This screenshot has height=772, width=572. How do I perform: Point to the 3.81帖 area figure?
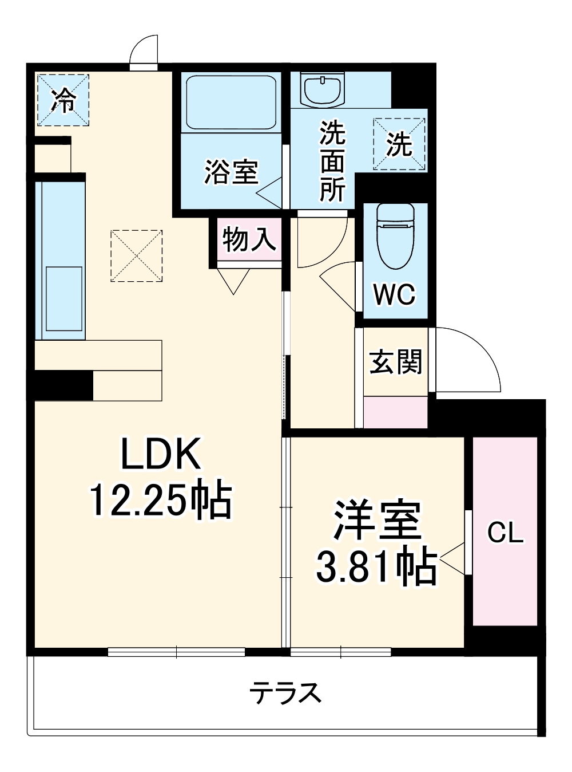coord(378,566)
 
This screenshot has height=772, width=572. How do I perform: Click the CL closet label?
coord(505,533)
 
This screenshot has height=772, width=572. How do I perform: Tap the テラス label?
coord(285,693)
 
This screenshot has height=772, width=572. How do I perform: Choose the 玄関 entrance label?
coord(395,362)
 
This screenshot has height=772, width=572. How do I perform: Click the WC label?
coord(395,295)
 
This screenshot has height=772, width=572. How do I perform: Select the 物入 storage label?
coord(249,239)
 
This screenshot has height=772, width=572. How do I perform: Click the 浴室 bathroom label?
coord(232,171)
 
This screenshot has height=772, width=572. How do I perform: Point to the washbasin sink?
coord(323,90)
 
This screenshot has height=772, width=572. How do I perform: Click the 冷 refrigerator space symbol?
coord(63,100)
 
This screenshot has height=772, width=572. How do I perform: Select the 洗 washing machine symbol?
coord(399,144)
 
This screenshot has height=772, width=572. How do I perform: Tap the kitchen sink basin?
coord(63,298)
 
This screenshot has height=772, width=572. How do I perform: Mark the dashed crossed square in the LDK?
coord(137,255)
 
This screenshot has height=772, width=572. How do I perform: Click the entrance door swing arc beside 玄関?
coord(469,361)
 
